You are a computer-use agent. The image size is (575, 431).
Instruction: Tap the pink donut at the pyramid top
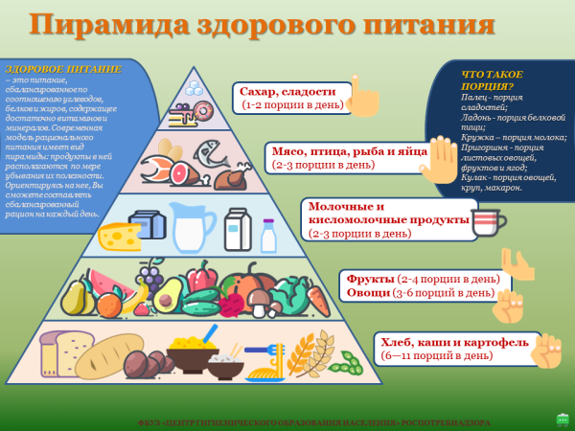pyautogui.click(x=203, y=111)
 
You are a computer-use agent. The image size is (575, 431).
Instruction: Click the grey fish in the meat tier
pyautogui.click(x=212, y=154)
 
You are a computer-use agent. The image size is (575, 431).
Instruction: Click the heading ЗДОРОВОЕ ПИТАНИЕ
pyautogui.click(x=63, y=70)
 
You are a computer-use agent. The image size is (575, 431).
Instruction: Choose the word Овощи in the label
pyautogui.click(x=368, y=291)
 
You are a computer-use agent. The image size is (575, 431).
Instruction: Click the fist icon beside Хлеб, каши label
pyautogui.click(x=549, y=350)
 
